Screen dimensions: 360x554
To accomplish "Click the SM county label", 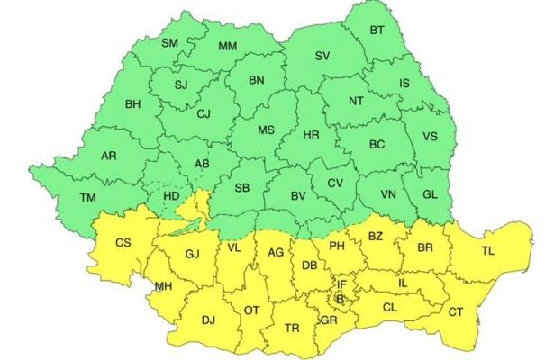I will coord(169,42).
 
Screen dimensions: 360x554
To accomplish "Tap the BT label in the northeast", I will coord(379,31).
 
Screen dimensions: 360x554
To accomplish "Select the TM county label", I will coord(87,197).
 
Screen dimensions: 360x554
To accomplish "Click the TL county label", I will coord(487,251).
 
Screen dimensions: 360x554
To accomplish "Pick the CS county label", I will coord(124,242).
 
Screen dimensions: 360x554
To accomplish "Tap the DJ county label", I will coord(208,319).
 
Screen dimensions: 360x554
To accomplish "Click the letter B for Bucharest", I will coord(340,299).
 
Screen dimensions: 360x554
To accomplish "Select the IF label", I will coord(342,283).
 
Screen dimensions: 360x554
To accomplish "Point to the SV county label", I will coord(322,56).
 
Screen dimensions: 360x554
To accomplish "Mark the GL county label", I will coord(430,194).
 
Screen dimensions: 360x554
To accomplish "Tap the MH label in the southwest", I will coord(164,287).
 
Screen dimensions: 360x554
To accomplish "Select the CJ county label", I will coord(203,113).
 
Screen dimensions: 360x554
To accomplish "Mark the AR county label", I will coord(109,156).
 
